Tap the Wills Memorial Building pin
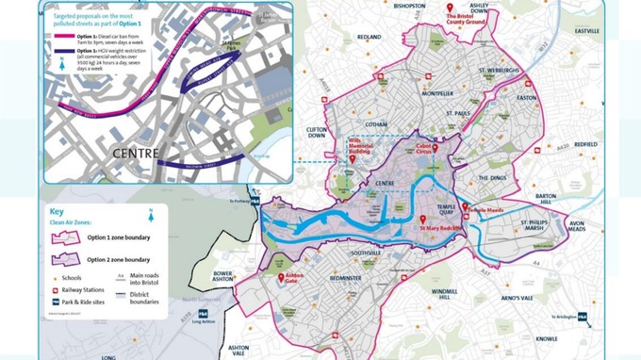point(353,158)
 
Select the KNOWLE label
point(547,338)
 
